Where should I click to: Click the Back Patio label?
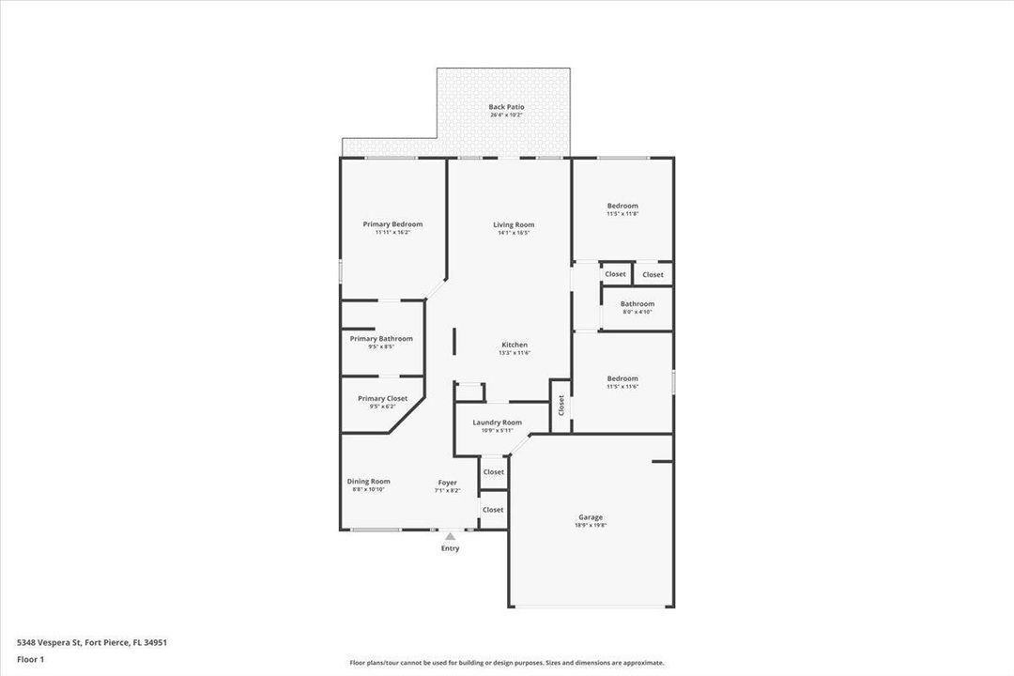click(x=506, y=107)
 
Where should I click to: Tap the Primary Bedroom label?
click(x=392, y=224)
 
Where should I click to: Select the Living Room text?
click(x=514, y=224)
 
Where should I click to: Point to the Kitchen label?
click(x=514, y=345)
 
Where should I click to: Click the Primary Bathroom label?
click(x=381, y=339)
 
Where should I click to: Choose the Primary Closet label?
click(x=382, y=398)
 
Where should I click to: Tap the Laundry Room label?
click(x=497, y=422)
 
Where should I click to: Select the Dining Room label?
click(x=368, y=481)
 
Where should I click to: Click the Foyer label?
click(x=447, y=483)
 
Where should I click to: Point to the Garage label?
click(x=591, y=517)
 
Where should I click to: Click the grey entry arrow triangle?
click(x=450, y=536)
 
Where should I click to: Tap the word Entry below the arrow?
click(x=450, y=548)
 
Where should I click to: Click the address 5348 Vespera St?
click(x=92, y=642)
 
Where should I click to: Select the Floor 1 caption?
click(x=30, y=659)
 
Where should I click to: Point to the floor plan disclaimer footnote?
click(x=506, y=662)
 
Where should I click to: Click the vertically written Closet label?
click(x=561, y=405)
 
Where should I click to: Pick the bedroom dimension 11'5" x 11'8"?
click(x=622, y=214)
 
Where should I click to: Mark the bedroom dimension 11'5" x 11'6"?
click(x=622, y=386)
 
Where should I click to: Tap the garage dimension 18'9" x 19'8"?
click(x=591, y=526)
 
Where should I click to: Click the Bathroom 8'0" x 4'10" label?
click(x=637, y=307)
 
